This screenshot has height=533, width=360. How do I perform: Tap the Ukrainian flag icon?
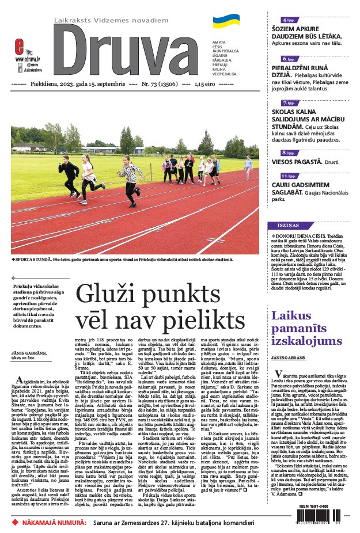[226, 22]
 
